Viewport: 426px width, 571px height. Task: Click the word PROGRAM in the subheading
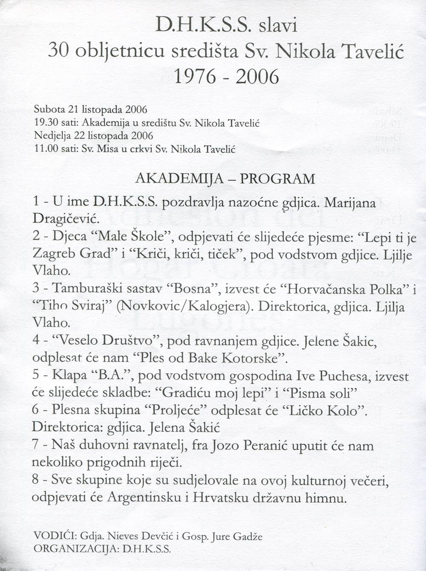[277, 179]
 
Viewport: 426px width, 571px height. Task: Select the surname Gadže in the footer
[247, 536]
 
